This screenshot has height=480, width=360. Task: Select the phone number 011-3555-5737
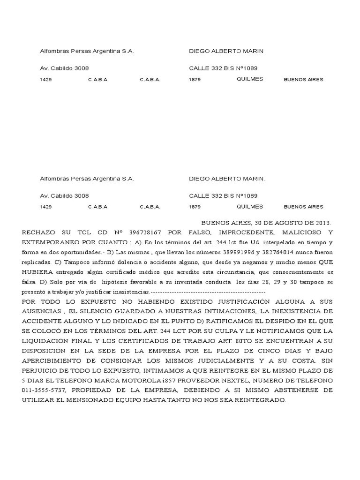point(44,390)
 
